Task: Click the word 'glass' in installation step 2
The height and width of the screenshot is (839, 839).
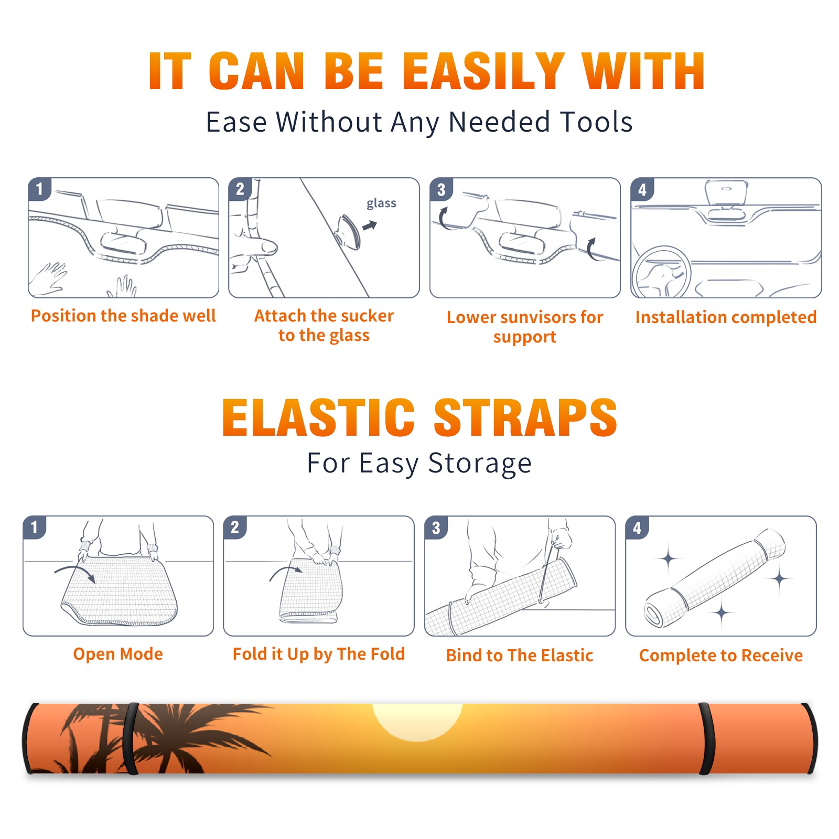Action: pyautogui.click(x=381, y=203)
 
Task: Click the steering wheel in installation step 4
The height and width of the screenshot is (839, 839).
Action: pyautogui.click(x=662, y=273)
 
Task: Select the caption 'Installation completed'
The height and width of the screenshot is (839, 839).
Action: pyautogui.click(x=726, y=317)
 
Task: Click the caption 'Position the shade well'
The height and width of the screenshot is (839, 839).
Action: pyautogui.click(x=123, y=316)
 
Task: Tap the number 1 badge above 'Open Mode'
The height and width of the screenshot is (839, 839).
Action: pyautogui.click(x=35, y=528)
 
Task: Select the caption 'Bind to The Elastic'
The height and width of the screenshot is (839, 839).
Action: pyautogui.click(x=520, y=655)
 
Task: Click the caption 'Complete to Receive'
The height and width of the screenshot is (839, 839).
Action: pyautogui.click(x=721, y=655)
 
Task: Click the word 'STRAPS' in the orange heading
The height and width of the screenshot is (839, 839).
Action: pyautogui.click(x=525, y=417)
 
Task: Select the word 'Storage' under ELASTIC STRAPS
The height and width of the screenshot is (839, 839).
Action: pyautogui.click(x=480, y=464)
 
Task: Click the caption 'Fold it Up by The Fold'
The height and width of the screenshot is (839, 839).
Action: pyautogui.click(x=319, y=654)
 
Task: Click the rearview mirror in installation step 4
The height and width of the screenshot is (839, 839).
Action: pyautogui.click(x=726, y=192)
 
